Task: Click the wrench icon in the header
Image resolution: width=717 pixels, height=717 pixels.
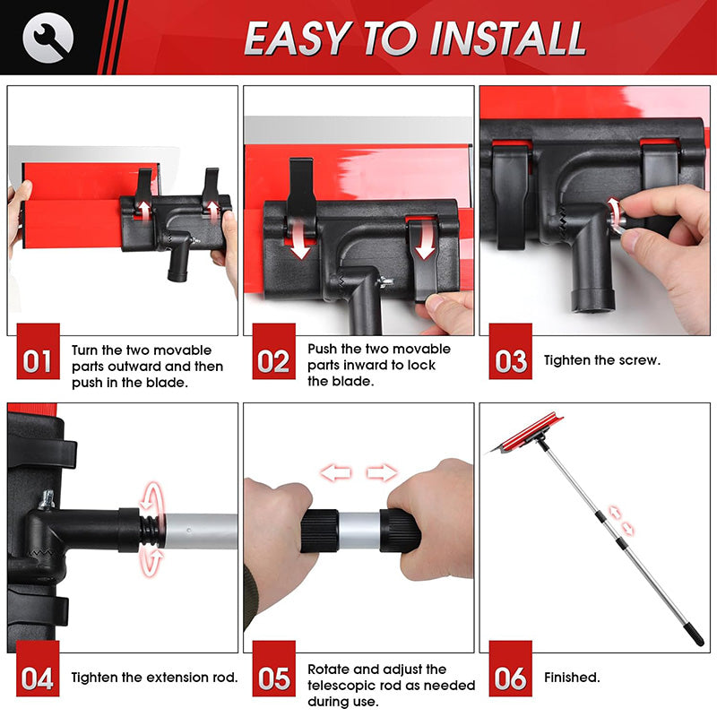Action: tap(48, 37)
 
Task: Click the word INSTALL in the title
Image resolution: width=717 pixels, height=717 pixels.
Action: tap(507, 39)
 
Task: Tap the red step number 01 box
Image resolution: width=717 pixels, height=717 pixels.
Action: tap(38, 351)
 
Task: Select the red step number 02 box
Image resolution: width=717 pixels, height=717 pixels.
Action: tap(274, 351)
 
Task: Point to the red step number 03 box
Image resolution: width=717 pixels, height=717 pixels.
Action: tap(510, 351)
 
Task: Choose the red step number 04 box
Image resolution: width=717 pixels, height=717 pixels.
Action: tap(38, 668)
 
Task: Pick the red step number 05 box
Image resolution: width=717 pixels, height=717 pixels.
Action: tap(274, 668)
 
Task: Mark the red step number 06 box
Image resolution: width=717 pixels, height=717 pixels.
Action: tap(510, 668)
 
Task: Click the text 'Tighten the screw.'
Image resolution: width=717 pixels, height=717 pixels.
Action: tap(602, 360)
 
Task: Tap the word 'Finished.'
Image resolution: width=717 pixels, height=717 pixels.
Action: tap(572, 678)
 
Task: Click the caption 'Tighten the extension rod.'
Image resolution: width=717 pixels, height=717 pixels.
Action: tap(154, 678)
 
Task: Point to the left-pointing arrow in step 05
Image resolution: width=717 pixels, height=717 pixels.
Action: tap(336, 473)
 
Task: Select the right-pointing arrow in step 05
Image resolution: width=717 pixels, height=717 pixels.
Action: tap(382, 473)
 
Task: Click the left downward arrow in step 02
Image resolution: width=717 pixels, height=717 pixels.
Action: tap(301, 239)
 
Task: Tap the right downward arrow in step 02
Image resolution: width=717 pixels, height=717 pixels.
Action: tap(425, 239)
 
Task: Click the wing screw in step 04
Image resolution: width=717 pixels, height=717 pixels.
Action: tap(47, 499)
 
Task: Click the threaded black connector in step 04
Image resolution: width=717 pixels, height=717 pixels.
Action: tap(150, 531)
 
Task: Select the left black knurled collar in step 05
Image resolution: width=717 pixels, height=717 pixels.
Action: tap(320, 531)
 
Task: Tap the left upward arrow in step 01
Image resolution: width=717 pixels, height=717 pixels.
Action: tap(144, 211)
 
